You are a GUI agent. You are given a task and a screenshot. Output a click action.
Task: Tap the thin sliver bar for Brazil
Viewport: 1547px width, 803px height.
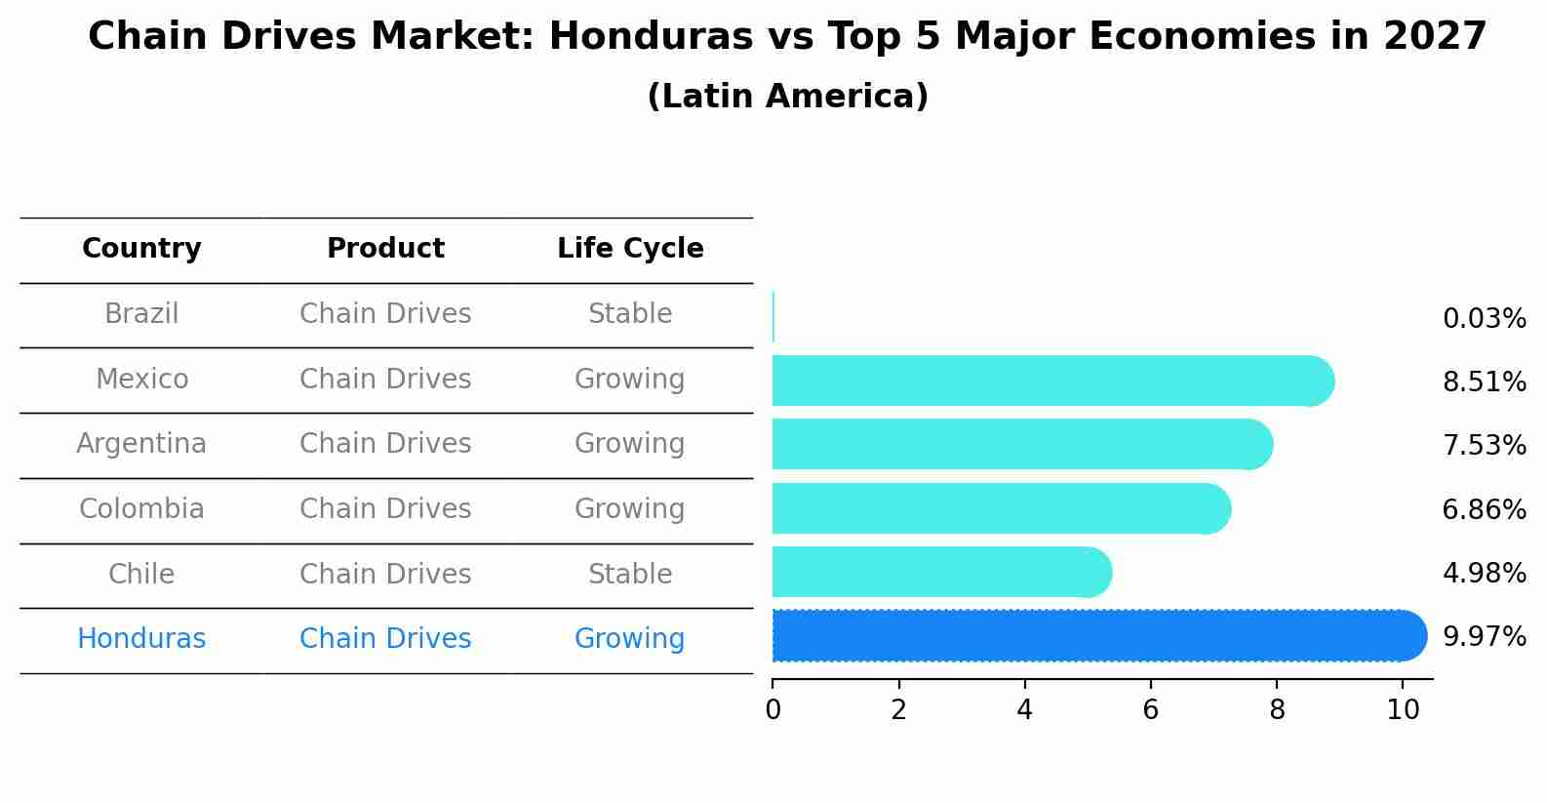[773, 317]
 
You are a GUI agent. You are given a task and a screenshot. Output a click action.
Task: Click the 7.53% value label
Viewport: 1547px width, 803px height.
[1484, 446]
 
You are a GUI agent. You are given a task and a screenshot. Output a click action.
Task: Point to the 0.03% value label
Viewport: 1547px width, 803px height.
[1484, 319]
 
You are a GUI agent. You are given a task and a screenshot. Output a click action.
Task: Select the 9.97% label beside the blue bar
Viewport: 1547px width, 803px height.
[1484, 637]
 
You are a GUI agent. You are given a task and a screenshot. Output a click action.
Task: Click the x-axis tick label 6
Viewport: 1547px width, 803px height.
[1150, 710]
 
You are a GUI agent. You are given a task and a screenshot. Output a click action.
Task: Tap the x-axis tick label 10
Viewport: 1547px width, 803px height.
[1403, 710]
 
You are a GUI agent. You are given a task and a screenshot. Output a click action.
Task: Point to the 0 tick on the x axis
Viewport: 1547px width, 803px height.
[773, 710]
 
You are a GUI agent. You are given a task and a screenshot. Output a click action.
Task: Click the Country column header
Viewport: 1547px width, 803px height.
[141, 249]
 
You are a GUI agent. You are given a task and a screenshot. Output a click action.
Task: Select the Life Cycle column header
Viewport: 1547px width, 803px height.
[630, 249]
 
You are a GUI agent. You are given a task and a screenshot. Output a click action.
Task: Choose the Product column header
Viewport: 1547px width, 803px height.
[385, 249]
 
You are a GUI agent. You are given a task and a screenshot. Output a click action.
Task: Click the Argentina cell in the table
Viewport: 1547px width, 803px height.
[141, 444]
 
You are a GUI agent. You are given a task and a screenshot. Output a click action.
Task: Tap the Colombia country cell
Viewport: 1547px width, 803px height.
[141, 509]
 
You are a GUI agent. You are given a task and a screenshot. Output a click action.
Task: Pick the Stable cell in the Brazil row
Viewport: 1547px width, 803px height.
[630, 314]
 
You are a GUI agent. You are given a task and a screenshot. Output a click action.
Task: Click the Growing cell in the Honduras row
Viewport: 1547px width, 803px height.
[630, 639]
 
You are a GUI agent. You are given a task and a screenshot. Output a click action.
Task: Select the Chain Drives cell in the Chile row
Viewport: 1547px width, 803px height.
[385, 574]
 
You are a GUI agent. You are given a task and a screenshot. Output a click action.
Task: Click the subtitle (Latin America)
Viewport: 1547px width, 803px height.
[787, 97]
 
